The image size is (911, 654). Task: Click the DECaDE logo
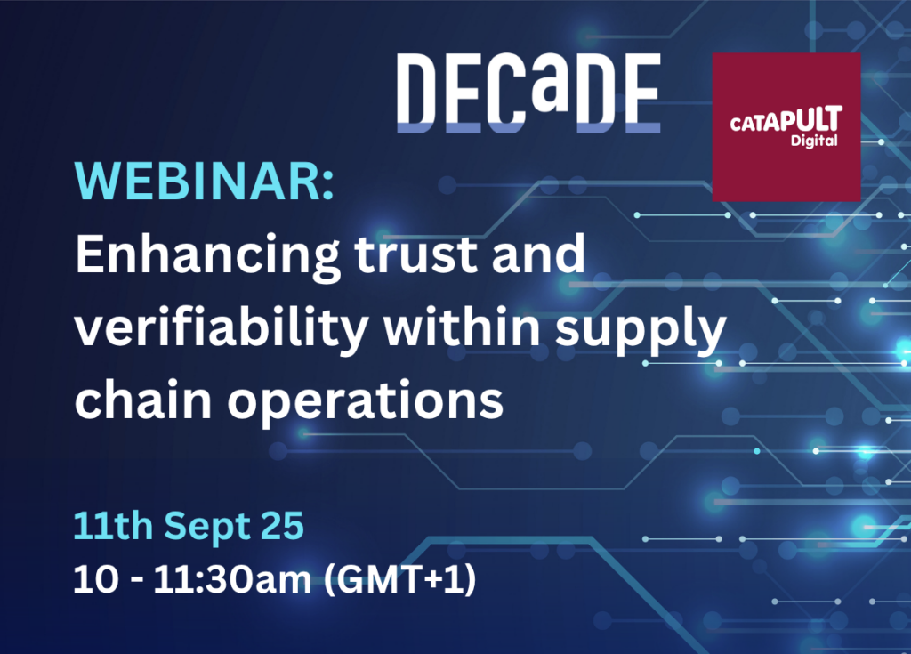click(x=528, y=93)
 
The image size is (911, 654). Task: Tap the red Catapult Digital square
click(x=786, y=127)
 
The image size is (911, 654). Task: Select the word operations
click(x=366, y=401)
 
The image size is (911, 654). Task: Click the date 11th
click(x=113, y=526)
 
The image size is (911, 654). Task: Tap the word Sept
click(x=206, y=528)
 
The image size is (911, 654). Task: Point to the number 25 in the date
click(x=282, y=526)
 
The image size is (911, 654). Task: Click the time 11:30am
click(x=232, y=579)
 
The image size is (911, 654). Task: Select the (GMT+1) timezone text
click(x=399, y=580)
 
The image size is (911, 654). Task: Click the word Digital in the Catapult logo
click(x=814, y=141)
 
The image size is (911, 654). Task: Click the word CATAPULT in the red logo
click(x=786, y=119)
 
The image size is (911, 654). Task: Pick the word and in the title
click(x=538, y=254)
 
